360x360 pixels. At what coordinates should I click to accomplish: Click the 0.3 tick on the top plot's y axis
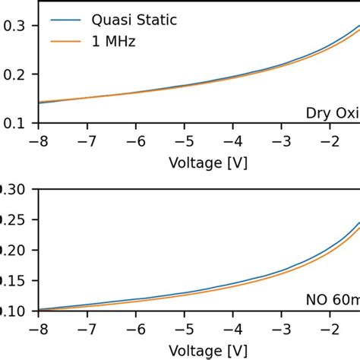[x=14, y=26]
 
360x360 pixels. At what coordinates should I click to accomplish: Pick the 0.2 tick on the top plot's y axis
[x=14, y=74]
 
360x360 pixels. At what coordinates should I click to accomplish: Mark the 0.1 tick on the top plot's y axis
[x=14, y=122]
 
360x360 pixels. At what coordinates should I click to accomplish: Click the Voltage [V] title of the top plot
[x=207, y=162]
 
